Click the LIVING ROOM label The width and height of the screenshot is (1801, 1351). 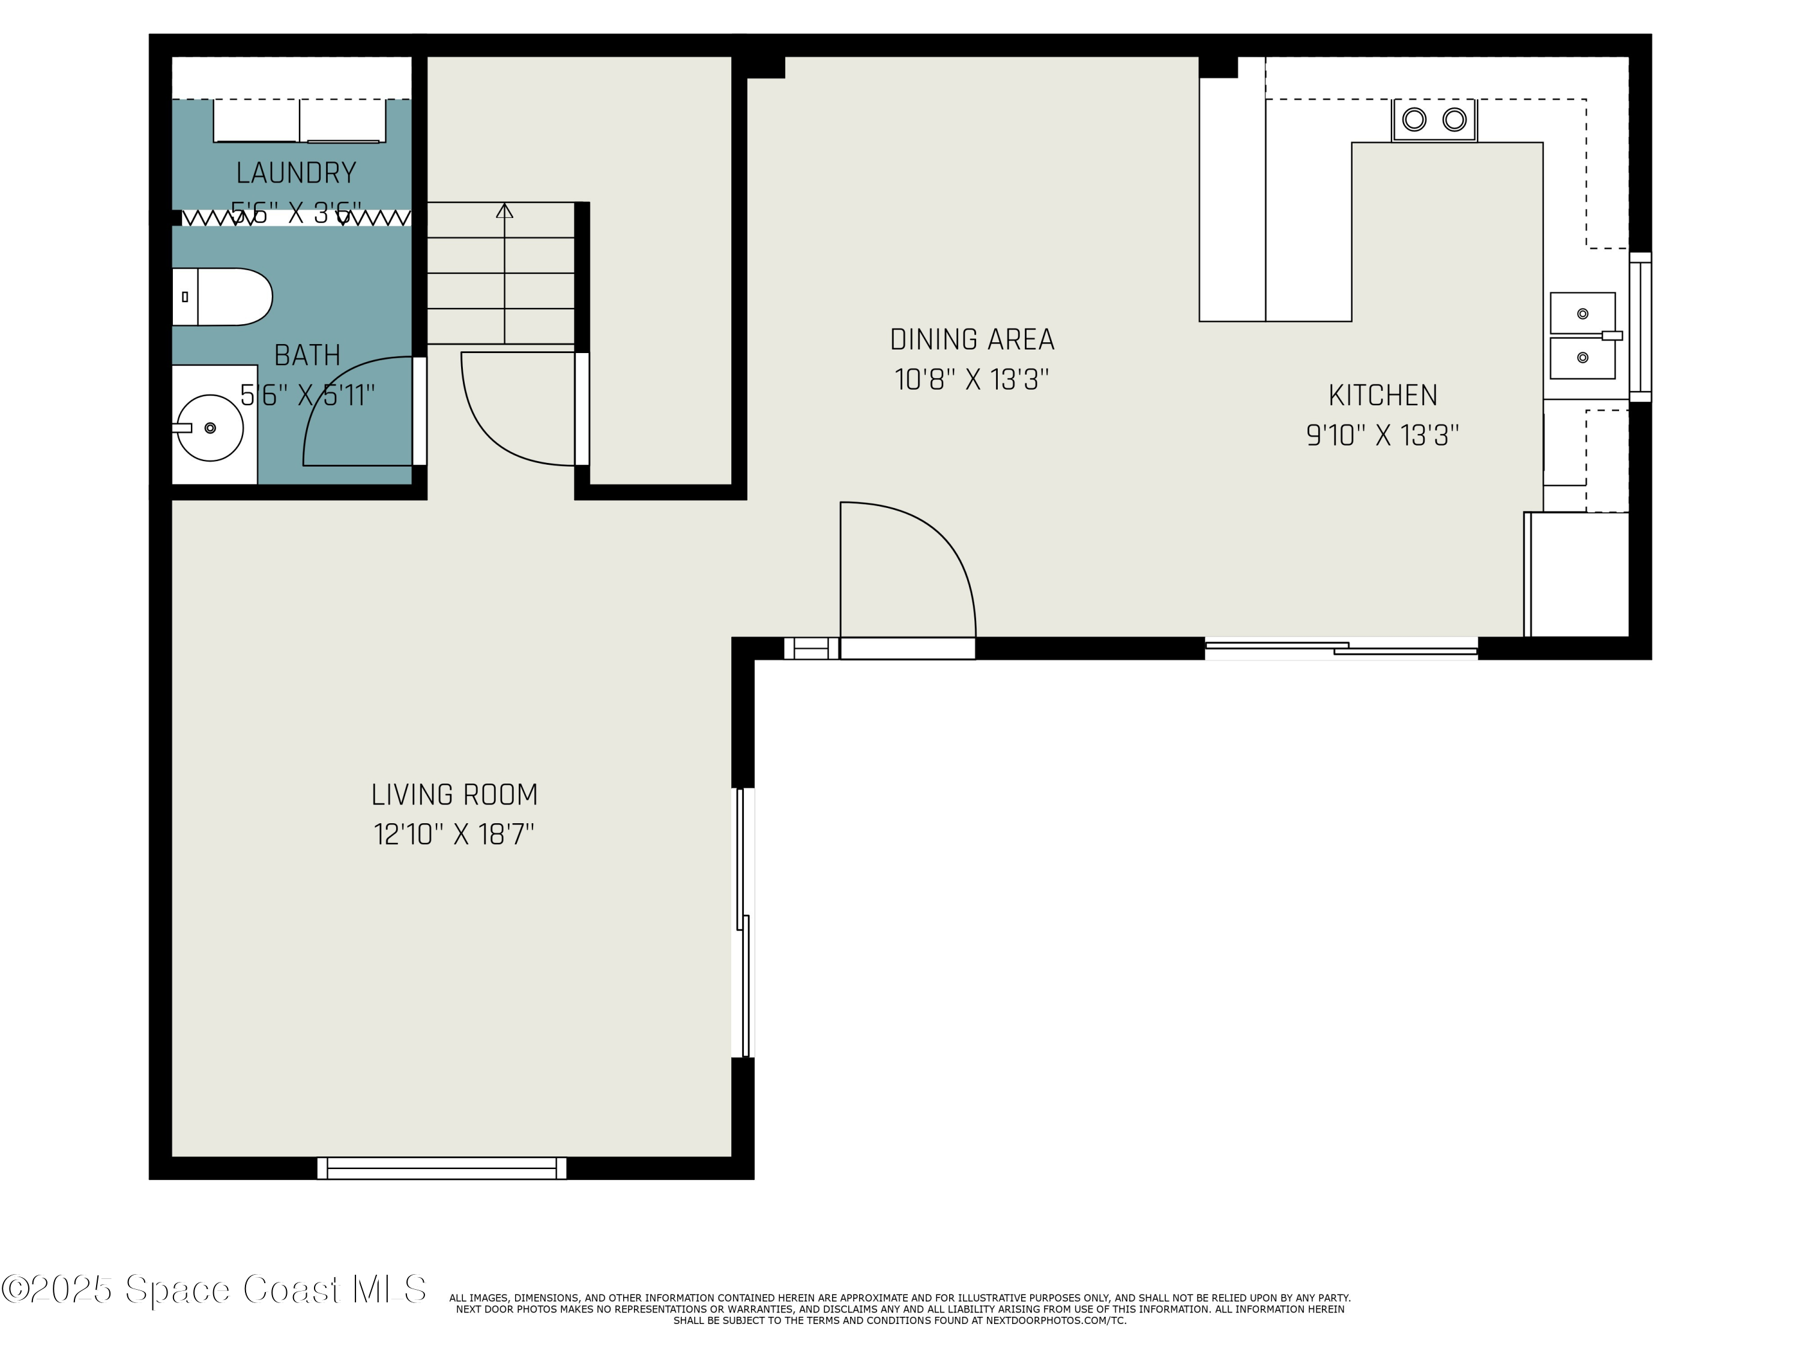pyautogui.click(x=454, y=795)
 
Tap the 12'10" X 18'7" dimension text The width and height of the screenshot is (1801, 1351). pyautogui.click(x=454, y=835)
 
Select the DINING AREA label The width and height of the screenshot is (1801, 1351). pyautogui.click(x=972, y=340)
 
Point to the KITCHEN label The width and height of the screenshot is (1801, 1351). pyautogui.click(x=1383, y=396)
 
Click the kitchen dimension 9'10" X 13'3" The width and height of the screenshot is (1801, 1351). pyautogui.click(x=1383, y=436)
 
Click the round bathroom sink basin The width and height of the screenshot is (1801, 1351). pyautogui.click(x=210, y=428)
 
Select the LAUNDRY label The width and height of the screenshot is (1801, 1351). pyautogui.click(x=297, y=174)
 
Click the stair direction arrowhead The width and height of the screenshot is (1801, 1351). pyautogui.click(x=505, y=211)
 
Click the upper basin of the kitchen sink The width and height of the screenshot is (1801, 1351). pyautogui.click(x=1582, y=313)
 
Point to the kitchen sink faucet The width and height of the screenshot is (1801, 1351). pyautogui.click(x=1611, y=336)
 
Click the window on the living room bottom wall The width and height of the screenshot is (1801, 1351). pyautogui.click(x=442, y=1168)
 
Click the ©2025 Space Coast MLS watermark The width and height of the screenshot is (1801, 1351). pyautogui.click(x=213, y=1290)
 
